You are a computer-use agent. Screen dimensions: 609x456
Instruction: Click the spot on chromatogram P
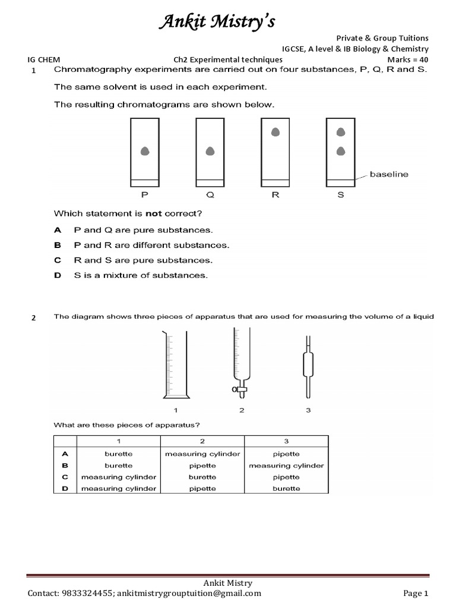point(145,152)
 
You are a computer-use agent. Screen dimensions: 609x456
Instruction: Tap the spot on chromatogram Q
point(210,152)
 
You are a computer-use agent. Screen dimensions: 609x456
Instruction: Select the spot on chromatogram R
point(275,133)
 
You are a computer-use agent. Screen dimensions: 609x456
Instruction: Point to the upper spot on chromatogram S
point(341,132)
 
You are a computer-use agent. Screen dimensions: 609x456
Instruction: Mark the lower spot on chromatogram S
point(341,151)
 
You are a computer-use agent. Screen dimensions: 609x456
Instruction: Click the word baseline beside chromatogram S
point(389,174)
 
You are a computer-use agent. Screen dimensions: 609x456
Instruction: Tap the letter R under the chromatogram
point(275,194)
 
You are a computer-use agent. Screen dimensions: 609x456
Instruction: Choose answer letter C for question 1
point(58,260)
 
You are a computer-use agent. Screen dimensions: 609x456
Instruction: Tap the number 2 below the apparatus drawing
point(242,410)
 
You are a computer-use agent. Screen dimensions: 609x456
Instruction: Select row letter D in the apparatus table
point(65,488)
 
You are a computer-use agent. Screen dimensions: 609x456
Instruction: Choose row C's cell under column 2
point(202,477)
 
